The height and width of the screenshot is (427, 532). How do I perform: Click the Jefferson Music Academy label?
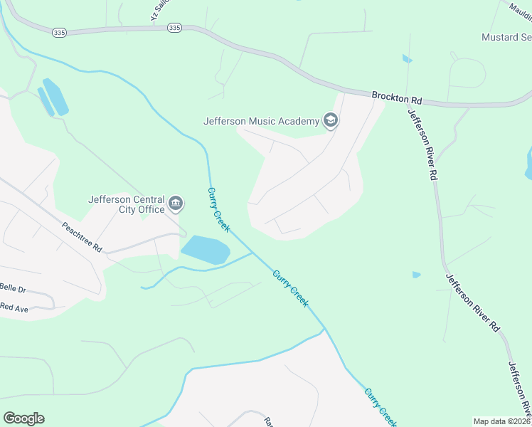pos(261,121)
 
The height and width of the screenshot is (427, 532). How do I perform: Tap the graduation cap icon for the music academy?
pos(330,120)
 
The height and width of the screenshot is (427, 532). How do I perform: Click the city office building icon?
pos(176,205)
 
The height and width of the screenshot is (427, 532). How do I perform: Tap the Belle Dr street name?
pos(13,290)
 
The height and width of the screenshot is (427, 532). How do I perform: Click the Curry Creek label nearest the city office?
pos(218,209)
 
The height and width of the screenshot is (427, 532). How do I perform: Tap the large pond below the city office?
pos(206,250)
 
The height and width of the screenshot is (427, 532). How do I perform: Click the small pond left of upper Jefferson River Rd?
pos(407,59)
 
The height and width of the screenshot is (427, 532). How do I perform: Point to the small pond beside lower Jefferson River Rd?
pos(416,275)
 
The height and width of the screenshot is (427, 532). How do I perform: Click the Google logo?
pos(23,418)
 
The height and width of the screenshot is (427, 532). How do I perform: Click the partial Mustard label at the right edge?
pos(506,37)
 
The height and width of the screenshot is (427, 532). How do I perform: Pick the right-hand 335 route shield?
pos(174,27)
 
